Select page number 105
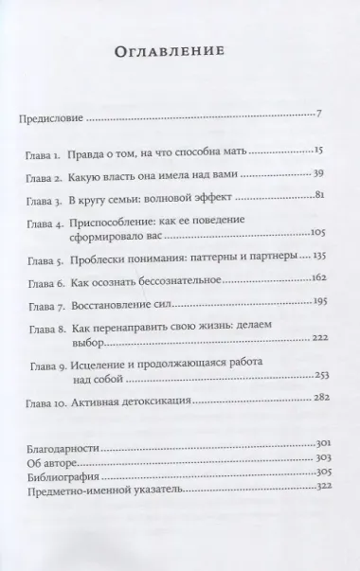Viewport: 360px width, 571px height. click(x=316, y=258)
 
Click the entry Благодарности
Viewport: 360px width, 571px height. click(x=63, y=444)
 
